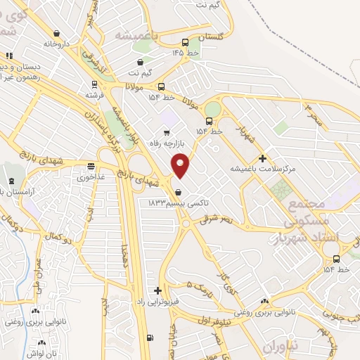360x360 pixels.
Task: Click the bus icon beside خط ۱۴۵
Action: pos(184,41)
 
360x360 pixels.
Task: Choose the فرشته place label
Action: pos(95,94)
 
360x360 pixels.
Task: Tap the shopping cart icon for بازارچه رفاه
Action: pos(167,132)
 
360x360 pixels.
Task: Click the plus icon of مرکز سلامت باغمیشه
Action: pos(263,158)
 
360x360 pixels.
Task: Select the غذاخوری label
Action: pos(91,176)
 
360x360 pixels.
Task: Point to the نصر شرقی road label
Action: pos(223,220)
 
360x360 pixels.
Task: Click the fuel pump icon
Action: pos(149,337)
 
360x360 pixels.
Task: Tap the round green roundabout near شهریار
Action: pos(212,109)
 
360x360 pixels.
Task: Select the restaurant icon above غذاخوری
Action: pos(91,166)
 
